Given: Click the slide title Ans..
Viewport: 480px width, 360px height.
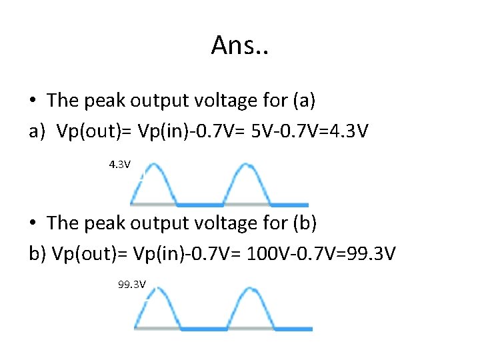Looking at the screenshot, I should click(x=239, y=45).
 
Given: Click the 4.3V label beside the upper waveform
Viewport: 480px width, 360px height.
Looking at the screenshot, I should click(x=120, y=163).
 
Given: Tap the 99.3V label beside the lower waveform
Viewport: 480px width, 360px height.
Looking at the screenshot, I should click(x=131, y=285).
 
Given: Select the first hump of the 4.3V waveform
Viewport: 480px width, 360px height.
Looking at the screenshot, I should click(x=153, y=183).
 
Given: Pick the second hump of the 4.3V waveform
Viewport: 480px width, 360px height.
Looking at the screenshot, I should click(x=247, y=183).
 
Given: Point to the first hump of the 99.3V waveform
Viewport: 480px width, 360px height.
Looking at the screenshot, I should click(x=158, y=307).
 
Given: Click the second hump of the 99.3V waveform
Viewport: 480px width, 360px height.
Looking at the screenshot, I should click(x=251, y=307).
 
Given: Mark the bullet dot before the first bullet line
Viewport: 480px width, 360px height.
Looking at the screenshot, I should click(x=33, y=101).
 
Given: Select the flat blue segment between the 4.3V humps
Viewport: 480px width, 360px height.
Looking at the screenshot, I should click(x=200, y=205).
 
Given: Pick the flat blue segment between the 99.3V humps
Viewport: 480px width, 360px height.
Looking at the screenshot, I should click(x=205, y=328).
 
